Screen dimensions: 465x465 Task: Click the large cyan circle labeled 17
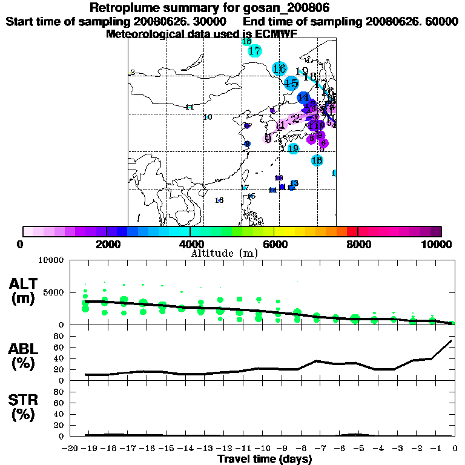click(x=255, y=51)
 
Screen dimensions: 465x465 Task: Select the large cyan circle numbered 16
click(x=279, y=68)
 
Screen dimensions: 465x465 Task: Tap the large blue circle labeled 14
click(x=303, y=97)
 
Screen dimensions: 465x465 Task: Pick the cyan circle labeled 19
click(x=293, y=148)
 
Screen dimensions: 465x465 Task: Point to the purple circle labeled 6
click(x=323, y=143)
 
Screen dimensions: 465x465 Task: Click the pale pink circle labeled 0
click(x=268, y=139)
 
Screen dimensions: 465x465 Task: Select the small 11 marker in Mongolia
click(x=189, y=107)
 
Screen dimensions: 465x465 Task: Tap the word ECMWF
click(x=274, y=34)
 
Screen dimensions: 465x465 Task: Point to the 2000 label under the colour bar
click(x=106, y=245)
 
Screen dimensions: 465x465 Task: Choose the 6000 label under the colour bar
click(x=274, y=245)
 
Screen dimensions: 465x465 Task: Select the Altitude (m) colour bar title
click(x=224, y=253)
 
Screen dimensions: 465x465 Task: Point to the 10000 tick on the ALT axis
click(x=49, y=260)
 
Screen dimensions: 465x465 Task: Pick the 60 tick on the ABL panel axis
click(x=59, y=347)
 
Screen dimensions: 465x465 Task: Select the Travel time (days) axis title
click(x=265, y=459)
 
